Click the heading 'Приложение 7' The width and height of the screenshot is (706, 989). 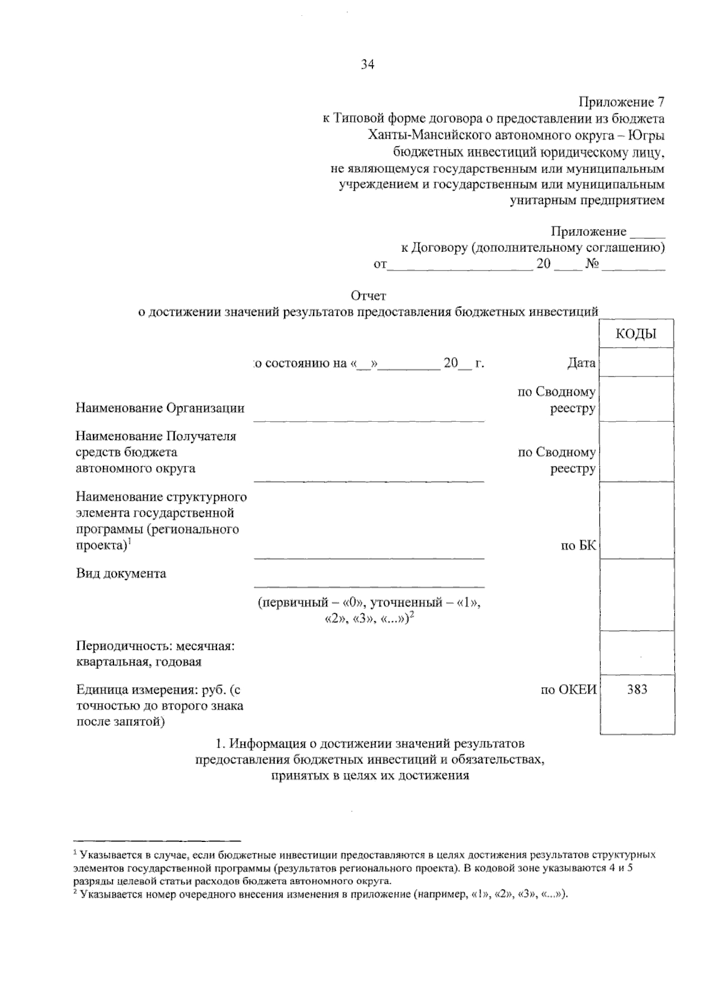coord(622,102)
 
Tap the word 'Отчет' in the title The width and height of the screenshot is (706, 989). coord(368,295)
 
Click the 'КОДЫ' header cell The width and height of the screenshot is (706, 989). coord(636,334)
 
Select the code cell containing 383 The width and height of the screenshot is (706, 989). coord(637,690)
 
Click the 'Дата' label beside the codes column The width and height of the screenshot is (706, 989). coord(581,363)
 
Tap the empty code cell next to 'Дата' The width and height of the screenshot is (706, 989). coord(637,362)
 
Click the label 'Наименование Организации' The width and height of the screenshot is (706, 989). coord(160,408)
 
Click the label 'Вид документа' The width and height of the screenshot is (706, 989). coord(121,573)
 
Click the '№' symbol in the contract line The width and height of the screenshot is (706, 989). coord(592,264)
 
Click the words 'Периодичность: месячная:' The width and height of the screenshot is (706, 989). coord(155,645)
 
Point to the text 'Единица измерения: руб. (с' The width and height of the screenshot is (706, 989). coord(158,690)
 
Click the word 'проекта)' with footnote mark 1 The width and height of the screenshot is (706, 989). coord(101,545)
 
